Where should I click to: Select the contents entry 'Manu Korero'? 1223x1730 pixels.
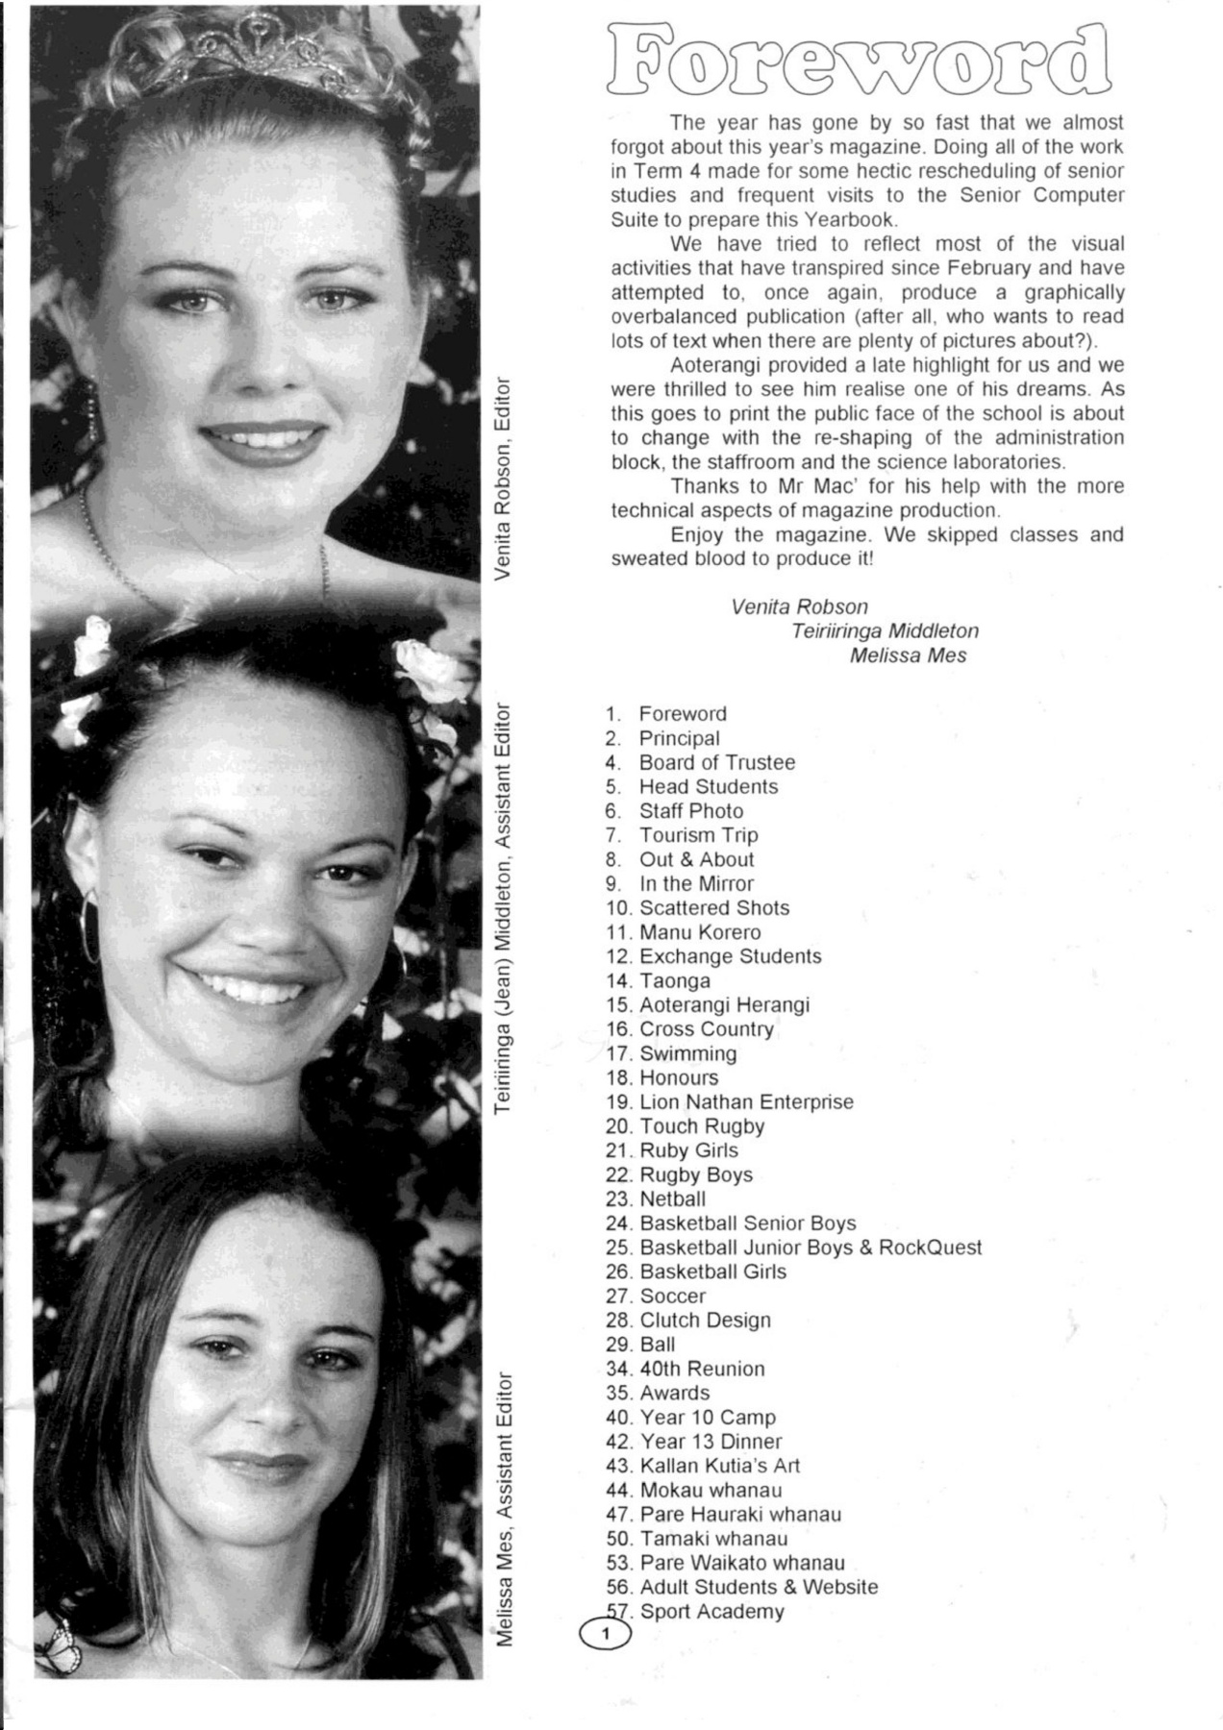699,932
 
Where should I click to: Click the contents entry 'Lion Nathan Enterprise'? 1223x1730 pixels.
746,1101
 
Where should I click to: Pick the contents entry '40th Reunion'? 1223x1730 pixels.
702,1369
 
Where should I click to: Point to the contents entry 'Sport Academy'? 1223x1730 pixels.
711,1612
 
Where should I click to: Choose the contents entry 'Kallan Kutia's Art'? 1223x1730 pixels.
719,1466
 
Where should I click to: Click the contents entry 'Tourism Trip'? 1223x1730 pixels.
698,835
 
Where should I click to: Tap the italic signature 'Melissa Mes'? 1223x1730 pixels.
908,655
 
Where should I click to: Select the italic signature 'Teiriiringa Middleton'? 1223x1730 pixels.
885,631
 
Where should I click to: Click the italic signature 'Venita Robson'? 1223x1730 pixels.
799,606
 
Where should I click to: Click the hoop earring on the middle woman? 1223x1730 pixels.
89,923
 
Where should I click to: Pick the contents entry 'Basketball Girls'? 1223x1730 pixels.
712,1272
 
